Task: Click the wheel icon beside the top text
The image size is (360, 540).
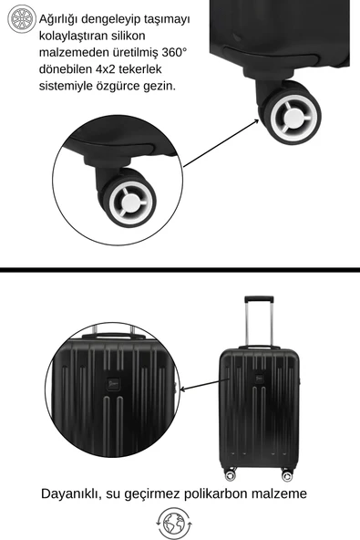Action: (x=22, y=19)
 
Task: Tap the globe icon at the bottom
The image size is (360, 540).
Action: (x=174, y=524)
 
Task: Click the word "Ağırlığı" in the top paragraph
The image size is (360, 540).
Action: (x=58, y=19)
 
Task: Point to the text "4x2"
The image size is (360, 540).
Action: (x=106, y=69)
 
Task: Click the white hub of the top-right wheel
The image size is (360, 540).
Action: (x=293, y=117)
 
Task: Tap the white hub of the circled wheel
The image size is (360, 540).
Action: (x=130, y=202)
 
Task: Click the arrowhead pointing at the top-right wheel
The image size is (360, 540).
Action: (x=256, y=121)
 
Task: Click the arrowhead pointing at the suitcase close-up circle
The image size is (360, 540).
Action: (x=183, y=389)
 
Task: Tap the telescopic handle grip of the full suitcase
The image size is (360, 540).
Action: (x=259, y=299)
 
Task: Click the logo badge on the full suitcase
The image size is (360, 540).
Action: (x=260, y=379)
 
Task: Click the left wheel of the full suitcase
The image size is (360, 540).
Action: (x=231, y=475)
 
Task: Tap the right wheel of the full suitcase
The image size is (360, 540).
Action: (x=287, y=475)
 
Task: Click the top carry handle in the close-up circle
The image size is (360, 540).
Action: (x=113, y=336)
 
